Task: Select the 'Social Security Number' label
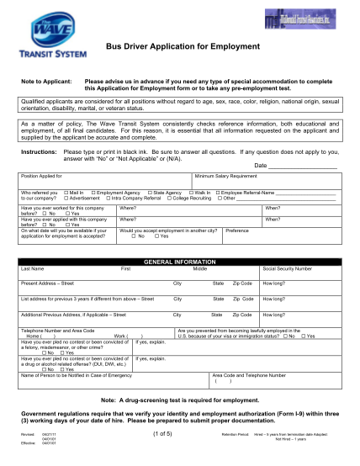pyautogui.click(x=289, y=268)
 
